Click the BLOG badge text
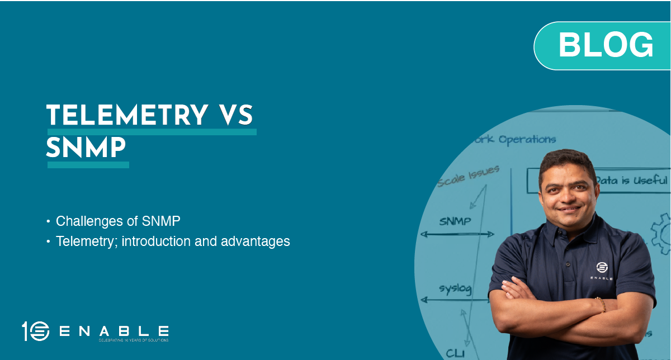[x=606, y=45]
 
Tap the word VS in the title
[x=234, y=115]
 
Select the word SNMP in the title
[x=86, y=148]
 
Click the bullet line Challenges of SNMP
[x=118, y=221]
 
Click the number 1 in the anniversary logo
[x=26, y=331]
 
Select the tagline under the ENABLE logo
[x=133, y=340]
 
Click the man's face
[x=566, y=191]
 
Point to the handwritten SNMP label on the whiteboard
[x=455, y=221]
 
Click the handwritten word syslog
[x=455, y=289]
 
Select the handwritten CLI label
[x=455, y=352]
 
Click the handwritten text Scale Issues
[x=467, y=176]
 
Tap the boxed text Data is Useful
[x=631, y=181]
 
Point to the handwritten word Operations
[x=527, y=139]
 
